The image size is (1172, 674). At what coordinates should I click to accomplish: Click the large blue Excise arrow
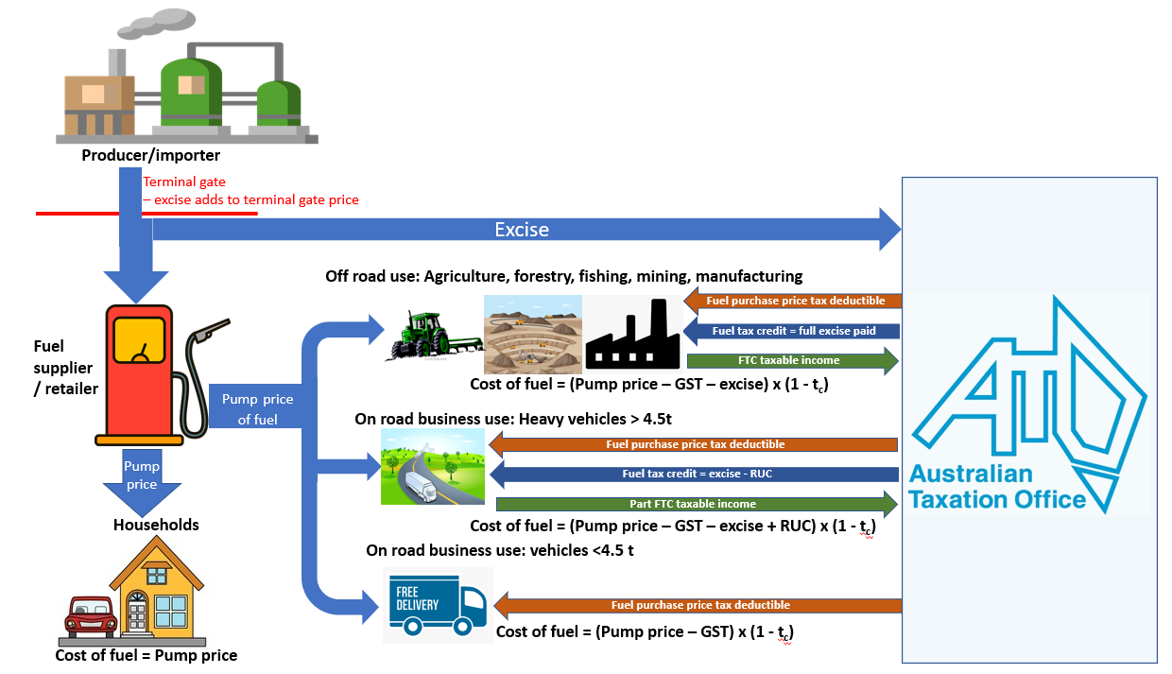pyautogui.click(x=521, y=230)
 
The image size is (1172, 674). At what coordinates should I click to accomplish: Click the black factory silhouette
pyautogui.click(x=632, y=334)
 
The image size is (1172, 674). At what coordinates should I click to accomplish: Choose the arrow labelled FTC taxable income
pyautogui.click(x=792, y=360)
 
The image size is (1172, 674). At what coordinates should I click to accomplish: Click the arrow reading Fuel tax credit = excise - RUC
pyautogui.click(x=696, y=474)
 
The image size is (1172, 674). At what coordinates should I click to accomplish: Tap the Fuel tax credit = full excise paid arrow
pyautogui.click(x=792, y=331)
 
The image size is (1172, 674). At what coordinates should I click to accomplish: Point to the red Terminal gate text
pyautogui.click(x=185, y=182)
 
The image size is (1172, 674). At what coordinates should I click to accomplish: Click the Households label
pyautogui.click(x=156, y=525)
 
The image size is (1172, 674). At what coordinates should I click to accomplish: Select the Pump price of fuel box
pyautogui.click(x=256, y=408)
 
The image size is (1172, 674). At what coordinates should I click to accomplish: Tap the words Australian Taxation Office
pyautogui.click(x=997, y=487)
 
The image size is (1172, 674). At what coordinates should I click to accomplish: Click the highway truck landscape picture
pyautogui.click(x=433, y=467)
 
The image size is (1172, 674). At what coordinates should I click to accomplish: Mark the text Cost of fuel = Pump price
pyautogui.click(x=146, y=655)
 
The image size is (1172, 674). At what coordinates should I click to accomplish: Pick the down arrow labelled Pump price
pyautogui.click(x=142, y=477)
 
